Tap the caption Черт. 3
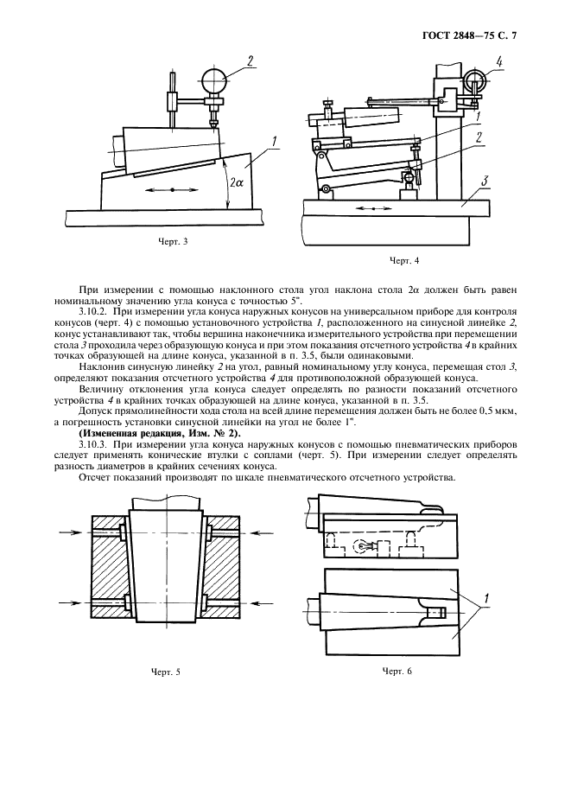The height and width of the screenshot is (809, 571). coord(174,241)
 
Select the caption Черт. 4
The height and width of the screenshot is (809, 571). coord(403,260)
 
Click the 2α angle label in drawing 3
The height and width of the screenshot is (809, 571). coord(237,183)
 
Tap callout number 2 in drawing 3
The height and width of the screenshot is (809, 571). coord(250,61)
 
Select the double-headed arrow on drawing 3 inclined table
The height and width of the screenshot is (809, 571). coord(172,188)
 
